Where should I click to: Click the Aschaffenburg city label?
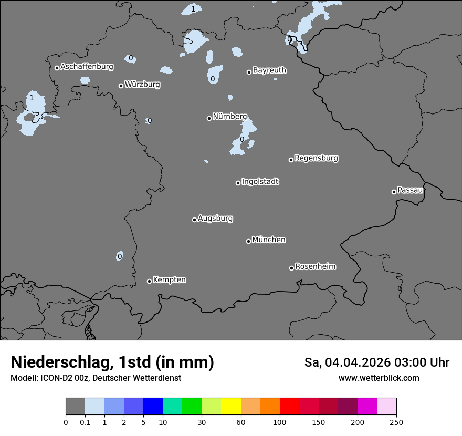[87, 67]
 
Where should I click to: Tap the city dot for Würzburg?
[121, 86]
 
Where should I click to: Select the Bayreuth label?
[269, 70]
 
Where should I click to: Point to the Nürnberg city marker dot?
[209, 118]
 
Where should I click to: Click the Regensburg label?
[316, 158]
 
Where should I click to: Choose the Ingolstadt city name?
[260, 182]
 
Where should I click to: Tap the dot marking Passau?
[394, 192]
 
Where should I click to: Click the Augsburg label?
[215, 219]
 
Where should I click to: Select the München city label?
[269, 240]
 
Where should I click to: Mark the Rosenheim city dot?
[291, 268]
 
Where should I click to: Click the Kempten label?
[169, 280]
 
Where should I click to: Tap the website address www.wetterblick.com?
[379, 378]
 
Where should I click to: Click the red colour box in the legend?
[289, 407]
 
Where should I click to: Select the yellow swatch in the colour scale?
[231, 407]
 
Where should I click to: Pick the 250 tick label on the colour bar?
[396, 422]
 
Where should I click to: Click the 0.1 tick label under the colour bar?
[85, 422]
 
